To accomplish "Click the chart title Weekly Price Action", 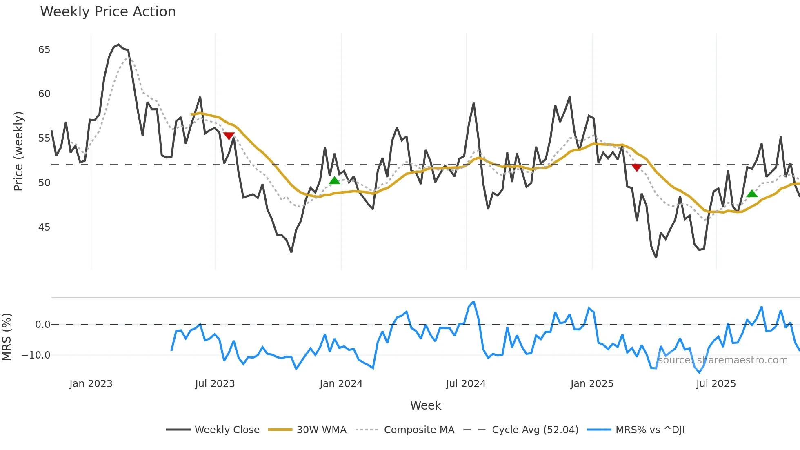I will click(108, 12).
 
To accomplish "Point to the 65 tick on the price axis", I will click(44, 50).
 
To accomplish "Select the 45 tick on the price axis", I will click(44, 227).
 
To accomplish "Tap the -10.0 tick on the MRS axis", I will click(36, 355).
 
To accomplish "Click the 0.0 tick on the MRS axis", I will click(42, 325).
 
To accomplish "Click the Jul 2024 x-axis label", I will click(466, 384).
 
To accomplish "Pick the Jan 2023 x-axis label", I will click(91, 384).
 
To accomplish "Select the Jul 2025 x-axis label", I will click(716, 384).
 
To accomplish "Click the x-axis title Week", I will click(425, 405).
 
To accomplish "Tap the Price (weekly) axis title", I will click(18, 151).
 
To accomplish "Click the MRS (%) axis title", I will click(7, 337).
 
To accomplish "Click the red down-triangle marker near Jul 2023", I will click(229, 136).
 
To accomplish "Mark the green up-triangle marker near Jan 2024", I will click(334, 181).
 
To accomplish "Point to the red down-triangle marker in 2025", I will click(636, 167).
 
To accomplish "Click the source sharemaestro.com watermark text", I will click(722, 360).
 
